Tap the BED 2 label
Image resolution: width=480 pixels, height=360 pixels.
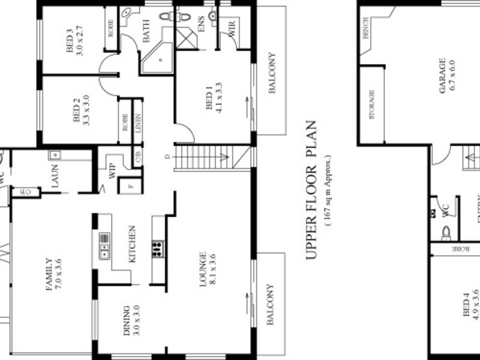[77, 110]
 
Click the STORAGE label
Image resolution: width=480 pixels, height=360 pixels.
[371, 105]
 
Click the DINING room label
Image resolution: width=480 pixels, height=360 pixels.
[127, 324]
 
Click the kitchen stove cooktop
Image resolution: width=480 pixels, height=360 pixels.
[158, 248]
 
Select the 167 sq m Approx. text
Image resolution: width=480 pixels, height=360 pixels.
[328, 190]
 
